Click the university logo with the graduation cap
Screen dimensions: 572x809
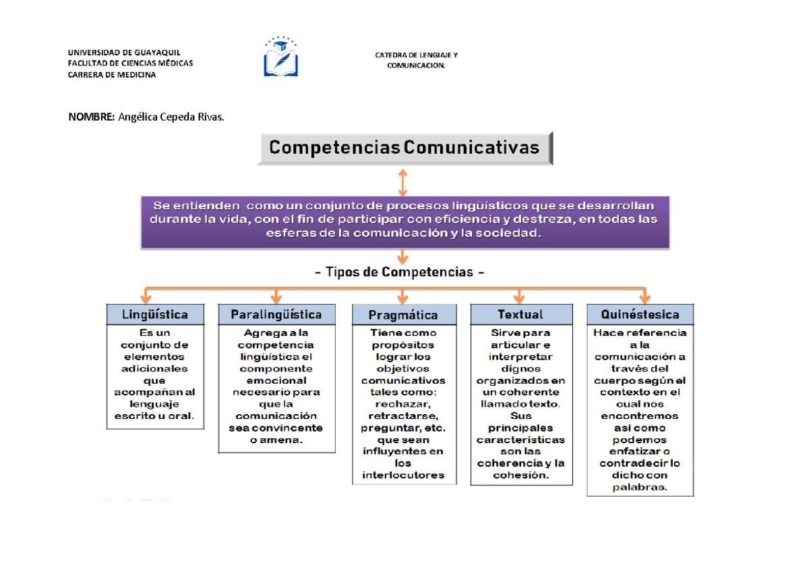[281, 57]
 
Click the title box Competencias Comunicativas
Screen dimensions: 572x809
[404, 148]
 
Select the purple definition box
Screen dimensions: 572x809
[404, 221]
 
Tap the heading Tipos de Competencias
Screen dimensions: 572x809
[400, 273]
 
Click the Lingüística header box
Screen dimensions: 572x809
[155, 314]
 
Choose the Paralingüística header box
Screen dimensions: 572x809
[276, 314]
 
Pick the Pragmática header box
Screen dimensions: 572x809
[403, 315]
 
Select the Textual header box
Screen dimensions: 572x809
[520, 314]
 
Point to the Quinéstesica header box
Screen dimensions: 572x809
[640, 314]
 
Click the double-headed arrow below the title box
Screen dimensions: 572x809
[402, 182]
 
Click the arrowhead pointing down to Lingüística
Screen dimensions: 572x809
[145, 298]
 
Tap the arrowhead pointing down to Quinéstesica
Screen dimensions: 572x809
[645, 298]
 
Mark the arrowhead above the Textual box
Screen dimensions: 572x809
[520, 298]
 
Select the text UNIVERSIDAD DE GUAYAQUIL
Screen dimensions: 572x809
[123, 52]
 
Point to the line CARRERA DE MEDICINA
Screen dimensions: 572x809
[111, 75]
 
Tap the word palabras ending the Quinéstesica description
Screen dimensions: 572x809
[640, 488]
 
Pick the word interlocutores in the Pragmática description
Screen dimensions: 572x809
[403, 475]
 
